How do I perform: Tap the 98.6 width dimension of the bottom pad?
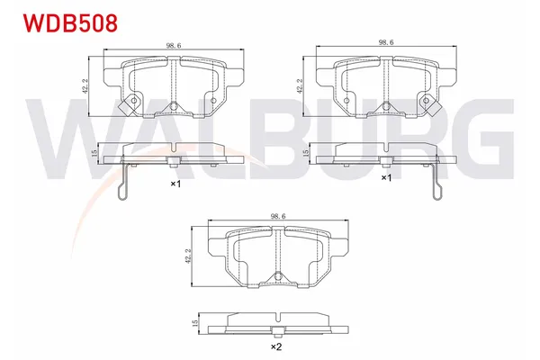(277, 217)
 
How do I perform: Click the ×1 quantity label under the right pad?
(387, 178)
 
